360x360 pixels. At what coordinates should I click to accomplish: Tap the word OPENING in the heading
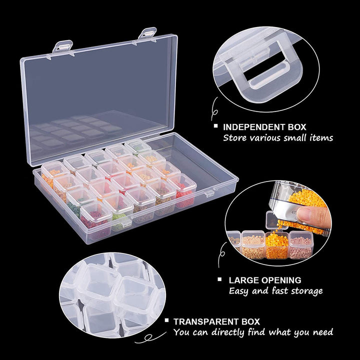click(x=281, y=280)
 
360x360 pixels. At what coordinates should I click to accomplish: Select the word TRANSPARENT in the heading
click(x=206, y=321)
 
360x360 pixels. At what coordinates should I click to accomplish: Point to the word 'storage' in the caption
click(x=307, y=291)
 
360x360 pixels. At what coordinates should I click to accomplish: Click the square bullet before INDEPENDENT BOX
click(x=215, y=125)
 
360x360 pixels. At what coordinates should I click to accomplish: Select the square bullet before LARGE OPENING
click(x=219, y=279)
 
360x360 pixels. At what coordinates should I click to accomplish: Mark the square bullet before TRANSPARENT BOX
click(x=166, y=320)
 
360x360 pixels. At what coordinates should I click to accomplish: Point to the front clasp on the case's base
click(x=209, y=193)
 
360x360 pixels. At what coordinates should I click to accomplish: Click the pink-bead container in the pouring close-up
click(x=300, y=244)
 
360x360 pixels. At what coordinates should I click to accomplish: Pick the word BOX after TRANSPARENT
click(x=250, y=321)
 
